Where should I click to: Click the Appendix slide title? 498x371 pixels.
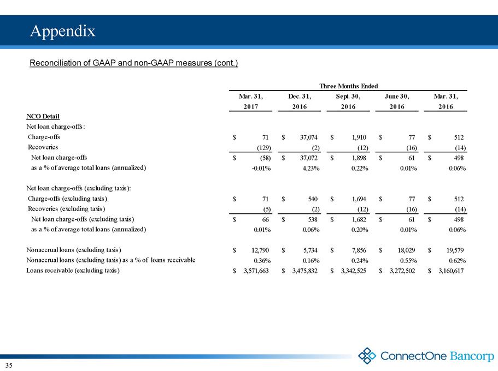(63, 31)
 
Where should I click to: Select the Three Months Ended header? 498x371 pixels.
(348, 86)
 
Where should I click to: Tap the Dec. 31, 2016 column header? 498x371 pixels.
(300, 101)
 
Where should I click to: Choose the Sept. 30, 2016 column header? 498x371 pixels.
(348, 101)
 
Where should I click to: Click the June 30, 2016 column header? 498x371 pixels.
(397, 101)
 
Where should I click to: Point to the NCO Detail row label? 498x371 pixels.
(43, 116)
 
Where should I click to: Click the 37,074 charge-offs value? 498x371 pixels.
(309, 137)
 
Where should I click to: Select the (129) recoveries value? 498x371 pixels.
(263, 148)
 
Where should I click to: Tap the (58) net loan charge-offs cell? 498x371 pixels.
(265, 158)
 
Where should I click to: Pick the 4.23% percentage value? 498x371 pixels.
(311, 169)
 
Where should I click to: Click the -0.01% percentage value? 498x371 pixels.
(261, 169)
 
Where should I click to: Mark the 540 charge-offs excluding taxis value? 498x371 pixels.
(313, 199)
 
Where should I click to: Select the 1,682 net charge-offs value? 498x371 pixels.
(359, 219)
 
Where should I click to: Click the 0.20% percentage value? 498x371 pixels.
(360, 230)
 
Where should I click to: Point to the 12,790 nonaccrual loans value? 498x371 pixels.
(260, 250)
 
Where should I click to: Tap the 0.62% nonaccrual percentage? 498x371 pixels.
(457, 261)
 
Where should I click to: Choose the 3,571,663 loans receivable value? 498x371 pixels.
(256, 271)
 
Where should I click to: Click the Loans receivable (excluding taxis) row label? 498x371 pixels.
(73, 271)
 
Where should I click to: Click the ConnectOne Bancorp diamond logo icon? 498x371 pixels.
(367, 356)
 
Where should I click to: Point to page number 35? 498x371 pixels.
(9, 366)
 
